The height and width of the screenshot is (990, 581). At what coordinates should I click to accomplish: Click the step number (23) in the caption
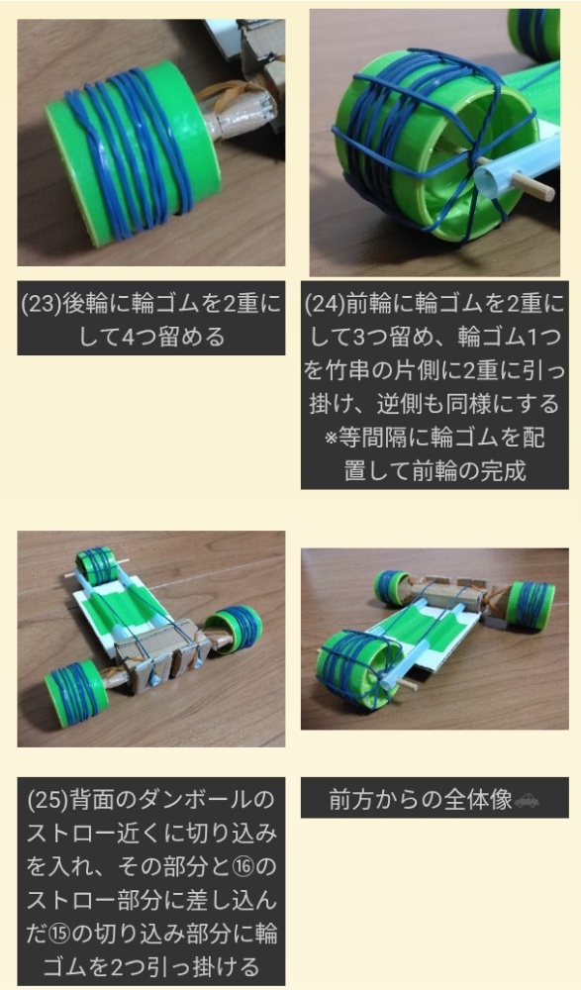[x=41, y=304]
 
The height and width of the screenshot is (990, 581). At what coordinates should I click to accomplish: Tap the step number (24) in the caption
[x=325, y=304]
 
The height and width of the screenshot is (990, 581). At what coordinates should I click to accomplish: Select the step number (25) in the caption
[x=48, y=799]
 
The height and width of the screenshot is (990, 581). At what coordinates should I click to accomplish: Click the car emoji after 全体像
[x=527, y=800]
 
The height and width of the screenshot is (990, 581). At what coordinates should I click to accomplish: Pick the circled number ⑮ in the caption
[x=58, y=934]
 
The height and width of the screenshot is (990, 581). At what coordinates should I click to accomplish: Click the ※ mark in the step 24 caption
[x=331, y=438]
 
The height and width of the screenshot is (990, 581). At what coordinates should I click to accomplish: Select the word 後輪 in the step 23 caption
[x=86, y=304]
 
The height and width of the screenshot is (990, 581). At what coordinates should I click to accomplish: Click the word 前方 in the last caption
[x=351, y=800]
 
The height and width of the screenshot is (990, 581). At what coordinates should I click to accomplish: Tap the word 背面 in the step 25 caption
[x=93, y=799]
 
